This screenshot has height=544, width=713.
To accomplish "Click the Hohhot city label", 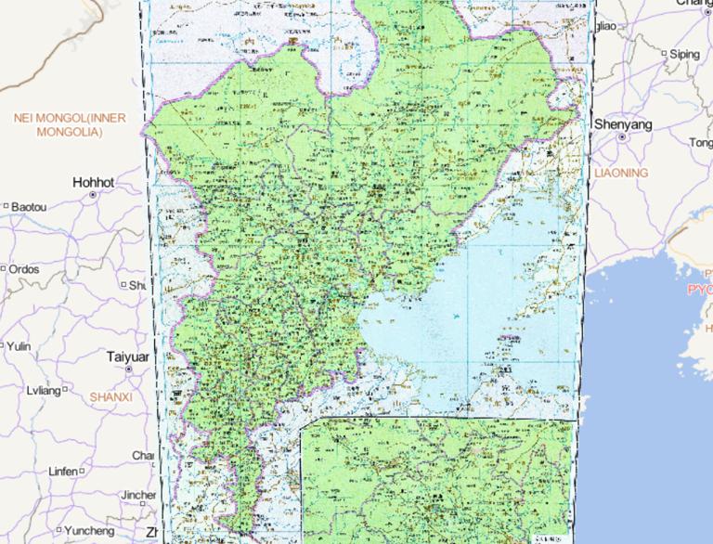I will point(94,183).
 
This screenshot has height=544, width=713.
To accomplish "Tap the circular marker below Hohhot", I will point(93,196).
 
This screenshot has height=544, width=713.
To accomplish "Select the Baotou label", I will point(29,206).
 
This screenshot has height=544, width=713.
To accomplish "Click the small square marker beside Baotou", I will point(6,206).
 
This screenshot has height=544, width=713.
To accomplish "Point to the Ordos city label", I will point(24,269).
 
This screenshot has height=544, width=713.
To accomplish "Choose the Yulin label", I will point(20,346).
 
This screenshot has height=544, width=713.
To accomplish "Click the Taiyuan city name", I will point(128,356).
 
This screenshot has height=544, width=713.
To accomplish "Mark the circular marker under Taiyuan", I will point(128,369).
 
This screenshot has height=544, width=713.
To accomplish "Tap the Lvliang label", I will point(43,390).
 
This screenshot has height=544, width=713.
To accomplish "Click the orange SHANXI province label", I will point(110,396).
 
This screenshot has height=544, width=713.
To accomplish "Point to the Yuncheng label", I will point(90,531).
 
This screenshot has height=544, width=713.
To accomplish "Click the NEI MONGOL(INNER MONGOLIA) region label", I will point(69,124).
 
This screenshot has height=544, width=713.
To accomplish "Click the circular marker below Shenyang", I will point(621,137).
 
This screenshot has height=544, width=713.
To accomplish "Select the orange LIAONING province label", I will point(621,174).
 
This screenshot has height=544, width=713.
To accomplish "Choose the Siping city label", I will point(685,54).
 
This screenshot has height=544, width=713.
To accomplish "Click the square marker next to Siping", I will point(665,54).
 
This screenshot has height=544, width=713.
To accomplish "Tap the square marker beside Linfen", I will point(83,472).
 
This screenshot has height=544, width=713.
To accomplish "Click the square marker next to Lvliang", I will point(65,390).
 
